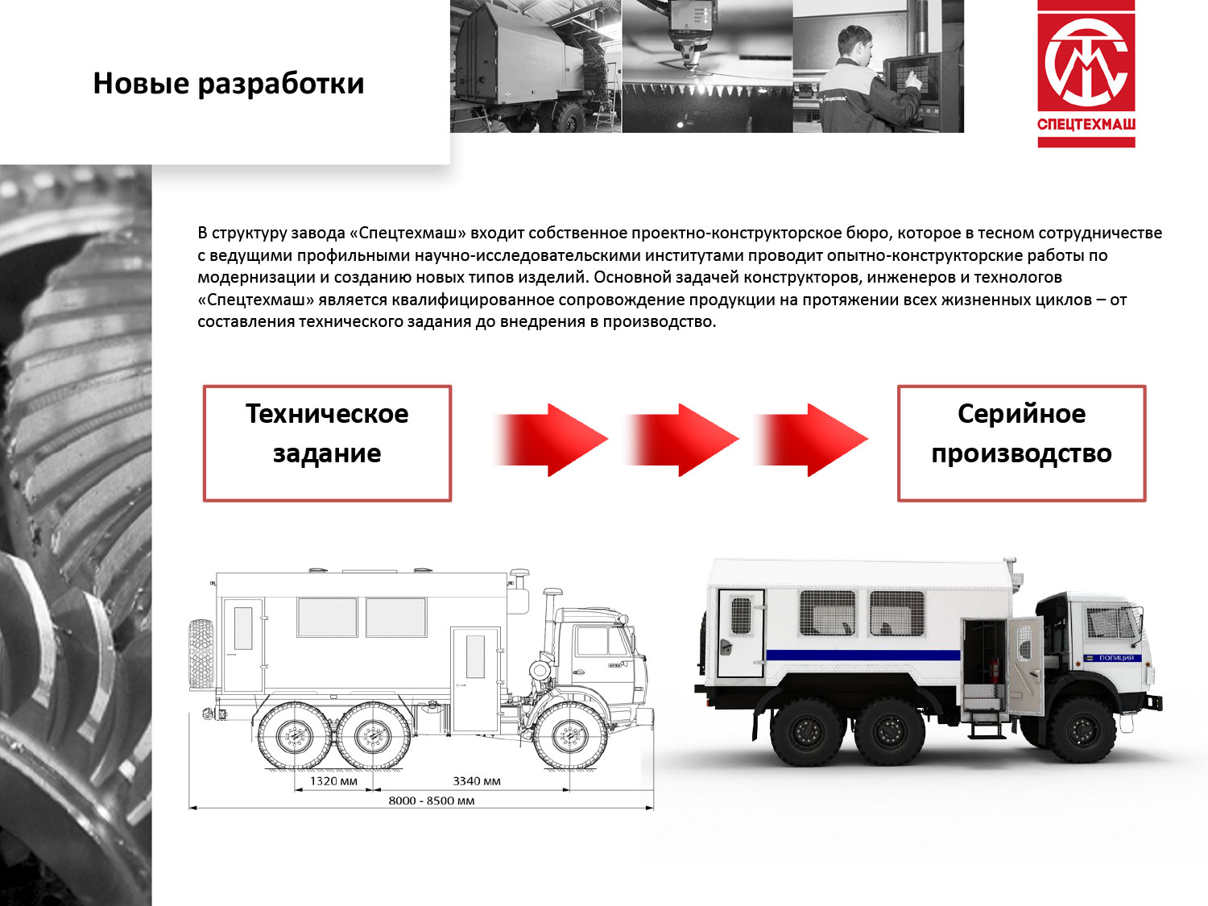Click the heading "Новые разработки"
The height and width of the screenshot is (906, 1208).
[229, 85]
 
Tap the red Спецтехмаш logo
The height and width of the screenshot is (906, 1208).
[1086, 74]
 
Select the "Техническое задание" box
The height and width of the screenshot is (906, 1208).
[328, 444]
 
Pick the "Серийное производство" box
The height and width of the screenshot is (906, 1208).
[1021, 444]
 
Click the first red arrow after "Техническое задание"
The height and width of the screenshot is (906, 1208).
[550, 440]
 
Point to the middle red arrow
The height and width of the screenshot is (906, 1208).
[681, 440]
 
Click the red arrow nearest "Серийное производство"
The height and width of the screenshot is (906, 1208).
[811, 440]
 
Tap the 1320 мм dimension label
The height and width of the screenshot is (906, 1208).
[333, 781]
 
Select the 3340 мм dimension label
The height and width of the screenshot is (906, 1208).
[477, 781]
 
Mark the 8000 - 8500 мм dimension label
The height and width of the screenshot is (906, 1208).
[432, 801]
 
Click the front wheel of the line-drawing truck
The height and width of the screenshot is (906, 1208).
[569, 736]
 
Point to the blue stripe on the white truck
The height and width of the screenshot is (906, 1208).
[863, 655]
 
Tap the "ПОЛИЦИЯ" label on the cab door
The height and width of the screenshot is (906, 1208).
[1116, 658]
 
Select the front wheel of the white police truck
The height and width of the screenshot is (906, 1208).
[1082, 730]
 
